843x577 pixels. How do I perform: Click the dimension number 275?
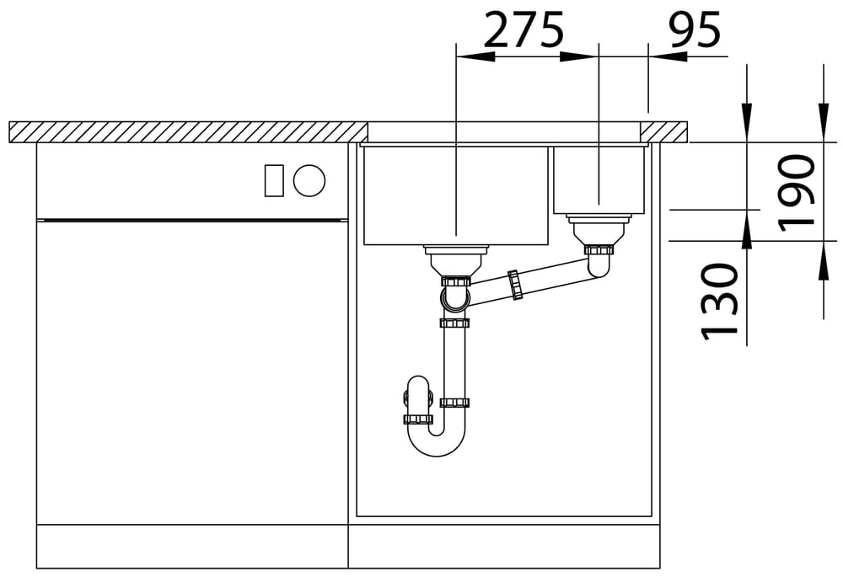pyautogui.click(x=524, y=30)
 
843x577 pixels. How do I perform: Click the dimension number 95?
pyautogui.click(x=694, y=30)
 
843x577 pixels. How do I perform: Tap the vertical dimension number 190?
pyautogui.click(x=797, y=192)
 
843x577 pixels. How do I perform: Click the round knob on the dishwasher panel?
pyautogui.click(x=309, y=180)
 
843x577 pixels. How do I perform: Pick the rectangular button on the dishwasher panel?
pyautogui.click(x=274, y=180)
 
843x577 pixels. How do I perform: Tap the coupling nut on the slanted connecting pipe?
pyautogui.click(x=514, y=285)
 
